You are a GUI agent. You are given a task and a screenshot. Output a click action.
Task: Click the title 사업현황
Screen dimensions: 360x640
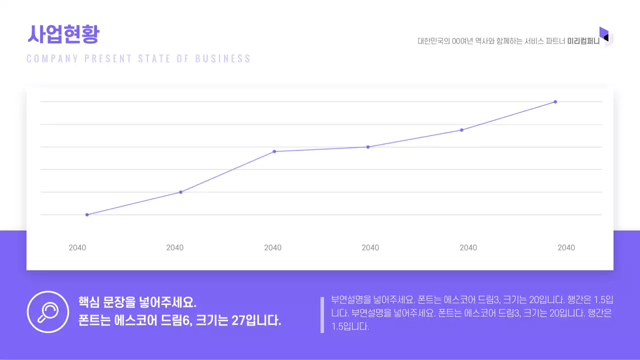(x=63, y=34)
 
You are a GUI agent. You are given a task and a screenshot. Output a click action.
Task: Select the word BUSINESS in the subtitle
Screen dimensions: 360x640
(x=223, y=58)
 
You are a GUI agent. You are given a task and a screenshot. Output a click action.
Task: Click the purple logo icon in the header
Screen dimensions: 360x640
(x=605, y=36)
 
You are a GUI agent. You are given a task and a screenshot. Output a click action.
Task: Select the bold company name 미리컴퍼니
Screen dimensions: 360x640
(x=583, y=41)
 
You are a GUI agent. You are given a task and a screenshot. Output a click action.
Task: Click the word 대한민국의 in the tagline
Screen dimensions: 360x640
(x=433, y=41)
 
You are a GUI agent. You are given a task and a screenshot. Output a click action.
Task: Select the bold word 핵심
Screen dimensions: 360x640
(x=88, y=302)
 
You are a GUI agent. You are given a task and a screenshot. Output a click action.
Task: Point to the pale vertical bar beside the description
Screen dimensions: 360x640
(x=322, y=314)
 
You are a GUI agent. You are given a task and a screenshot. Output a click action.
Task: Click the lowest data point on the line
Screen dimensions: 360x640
(x=87, y=214)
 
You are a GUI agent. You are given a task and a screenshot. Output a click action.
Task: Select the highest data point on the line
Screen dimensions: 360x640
(x=555, y=102)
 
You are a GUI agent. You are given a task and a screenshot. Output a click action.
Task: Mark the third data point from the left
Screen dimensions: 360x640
(x=274, y=151)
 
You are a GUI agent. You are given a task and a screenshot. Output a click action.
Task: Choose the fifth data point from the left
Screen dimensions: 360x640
(x=461, y=130)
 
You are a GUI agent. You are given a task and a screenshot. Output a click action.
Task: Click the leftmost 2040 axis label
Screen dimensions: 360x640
(x=77, y=247)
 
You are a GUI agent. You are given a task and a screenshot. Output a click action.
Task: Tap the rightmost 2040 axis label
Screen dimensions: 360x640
(x=566, y=247)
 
